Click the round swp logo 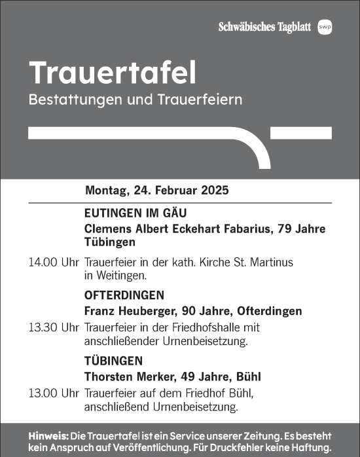(x=325, y=27)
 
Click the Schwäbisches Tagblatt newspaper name (x=265, y=27)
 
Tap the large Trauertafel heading (x=112, y=74)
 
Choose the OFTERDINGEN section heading (x=124, y=295)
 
